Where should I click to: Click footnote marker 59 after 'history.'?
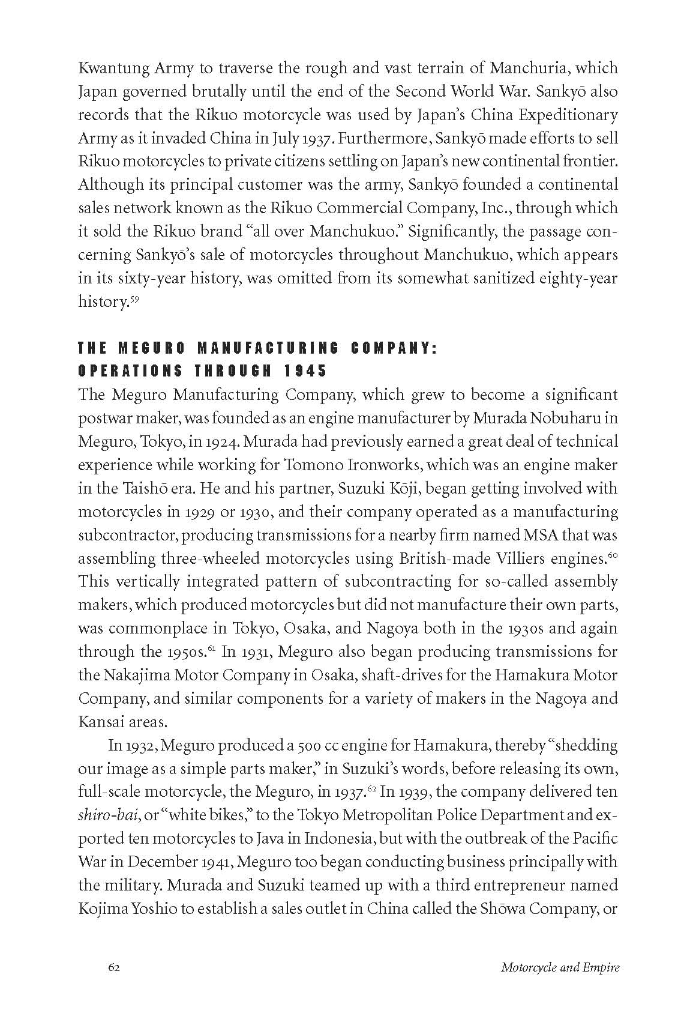pyautogui.click(x=134, y=297)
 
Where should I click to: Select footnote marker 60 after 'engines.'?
pyautogui.click(x=613, y=555)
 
